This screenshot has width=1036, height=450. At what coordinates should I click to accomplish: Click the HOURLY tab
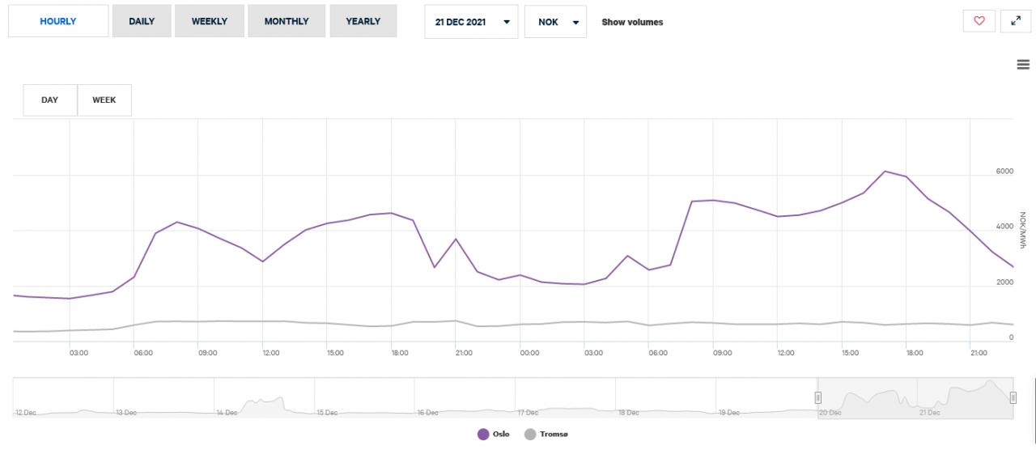point(58,21)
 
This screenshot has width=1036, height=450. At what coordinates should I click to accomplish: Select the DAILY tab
point(142,21)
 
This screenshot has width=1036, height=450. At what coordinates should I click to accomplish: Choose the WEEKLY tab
point(209,21)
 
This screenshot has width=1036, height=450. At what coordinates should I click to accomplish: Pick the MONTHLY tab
point(287,21)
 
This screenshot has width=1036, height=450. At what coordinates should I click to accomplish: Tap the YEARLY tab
point(363,21)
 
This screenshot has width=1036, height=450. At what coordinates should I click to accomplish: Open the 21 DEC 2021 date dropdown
point(471,22)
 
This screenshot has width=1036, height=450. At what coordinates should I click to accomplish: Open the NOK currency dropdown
point(555,22)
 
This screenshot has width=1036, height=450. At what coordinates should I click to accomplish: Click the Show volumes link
point(632,23)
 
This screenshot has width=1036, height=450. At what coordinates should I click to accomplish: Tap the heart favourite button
point(979,21)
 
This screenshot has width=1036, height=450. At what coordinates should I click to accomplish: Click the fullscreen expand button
point(1016,21)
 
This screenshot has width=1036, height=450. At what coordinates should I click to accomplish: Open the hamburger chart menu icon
point(1023,65)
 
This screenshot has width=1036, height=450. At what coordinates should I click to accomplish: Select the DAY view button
point(50,100)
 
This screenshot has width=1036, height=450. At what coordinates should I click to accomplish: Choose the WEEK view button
point(104,100)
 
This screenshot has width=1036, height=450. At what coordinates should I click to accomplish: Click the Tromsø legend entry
point(547,435)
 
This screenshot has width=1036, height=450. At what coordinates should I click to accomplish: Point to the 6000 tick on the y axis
point(1004,172)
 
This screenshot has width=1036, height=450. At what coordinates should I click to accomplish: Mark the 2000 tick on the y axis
point(1004,282)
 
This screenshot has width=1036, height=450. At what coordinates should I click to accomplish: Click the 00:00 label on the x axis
point(529,353)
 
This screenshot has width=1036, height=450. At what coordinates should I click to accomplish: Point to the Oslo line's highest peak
point(885,172)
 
